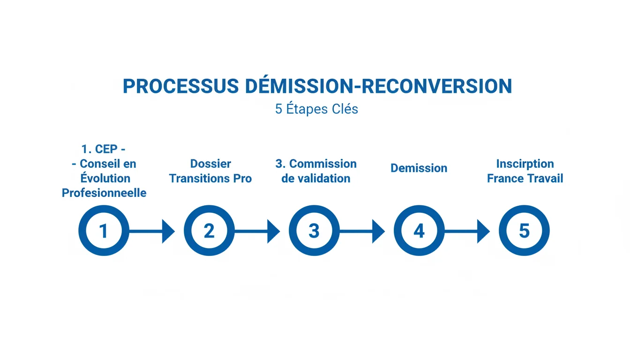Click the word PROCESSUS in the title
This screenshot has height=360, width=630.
point(180,86)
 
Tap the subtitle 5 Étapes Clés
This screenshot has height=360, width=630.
point(316,109)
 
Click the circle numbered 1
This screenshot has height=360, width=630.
point(104,231)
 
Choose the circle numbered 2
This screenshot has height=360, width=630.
point(209,231)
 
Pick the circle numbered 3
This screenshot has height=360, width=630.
point(314,231)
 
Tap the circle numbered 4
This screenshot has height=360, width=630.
point(419,231)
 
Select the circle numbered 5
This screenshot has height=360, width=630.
point(524,231)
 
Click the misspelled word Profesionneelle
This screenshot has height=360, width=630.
point(104,193)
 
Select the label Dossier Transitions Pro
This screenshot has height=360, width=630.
point(210,171)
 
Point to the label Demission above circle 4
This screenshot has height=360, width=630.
point(419,168)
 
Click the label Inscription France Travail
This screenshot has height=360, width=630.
point(525,171)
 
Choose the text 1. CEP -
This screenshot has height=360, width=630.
point(104,149)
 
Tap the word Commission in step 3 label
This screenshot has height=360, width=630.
point(322,164)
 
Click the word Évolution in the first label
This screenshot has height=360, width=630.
point(105,178)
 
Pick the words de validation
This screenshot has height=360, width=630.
point(315,179)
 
